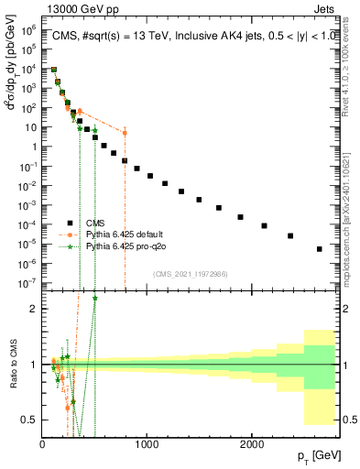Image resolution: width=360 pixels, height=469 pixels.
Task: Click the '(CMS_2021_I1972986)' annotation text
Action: click(191, 273)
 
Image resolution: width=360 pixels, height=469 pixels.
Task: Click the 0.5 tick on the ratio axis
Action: click(30, 420)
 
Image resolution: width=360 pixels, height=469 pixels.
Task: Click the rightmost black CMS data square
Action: click(319, 248)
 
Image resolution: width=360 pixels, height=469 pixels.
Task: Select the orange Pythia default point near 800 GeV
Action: click(125, 133)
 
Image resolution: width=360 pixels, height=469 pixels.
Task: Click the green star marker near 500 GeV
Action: click(94, 130)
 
